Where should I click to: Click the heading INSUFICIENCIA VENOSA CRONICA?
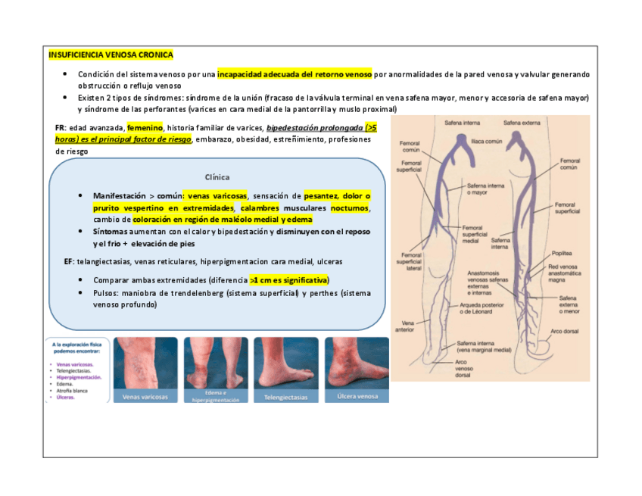(111, 55)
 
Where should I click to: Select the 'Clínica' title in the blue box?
(217, 177)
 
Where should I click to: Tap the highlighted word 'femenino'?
(145, 127)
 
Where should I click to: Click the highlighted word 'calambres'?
(260, 207)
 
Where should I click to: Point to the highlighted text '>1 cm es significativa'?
(289, 279)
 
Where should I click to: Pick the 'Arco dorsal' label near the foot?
(565, 331)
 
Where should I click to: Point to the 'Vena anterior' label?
(404, 326)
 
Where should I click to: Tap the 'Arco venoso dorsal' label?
(463, 369)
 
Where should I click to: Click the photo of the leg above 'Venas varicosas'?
(145, 363)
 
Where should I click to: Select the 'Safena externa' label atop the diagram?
(522, 121)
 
